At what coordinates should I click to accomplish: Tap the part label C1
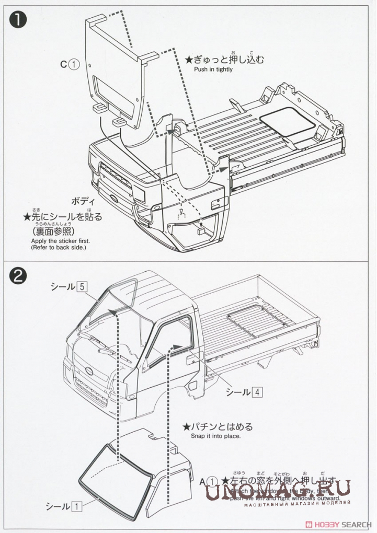point(69,64)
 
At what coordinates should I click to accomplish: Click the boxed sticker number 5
point(82,286)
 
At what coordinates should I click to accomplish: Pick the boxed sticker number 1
point(76,506)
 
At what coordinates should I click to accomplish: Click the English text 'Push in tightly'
point(213,69)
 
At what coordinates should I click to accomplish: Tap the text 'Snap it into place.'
point(215,436)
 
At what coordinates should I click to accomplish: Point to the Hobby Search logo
point(340,524)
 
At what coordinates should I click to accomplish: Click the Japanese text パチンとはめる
point(218,426)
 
